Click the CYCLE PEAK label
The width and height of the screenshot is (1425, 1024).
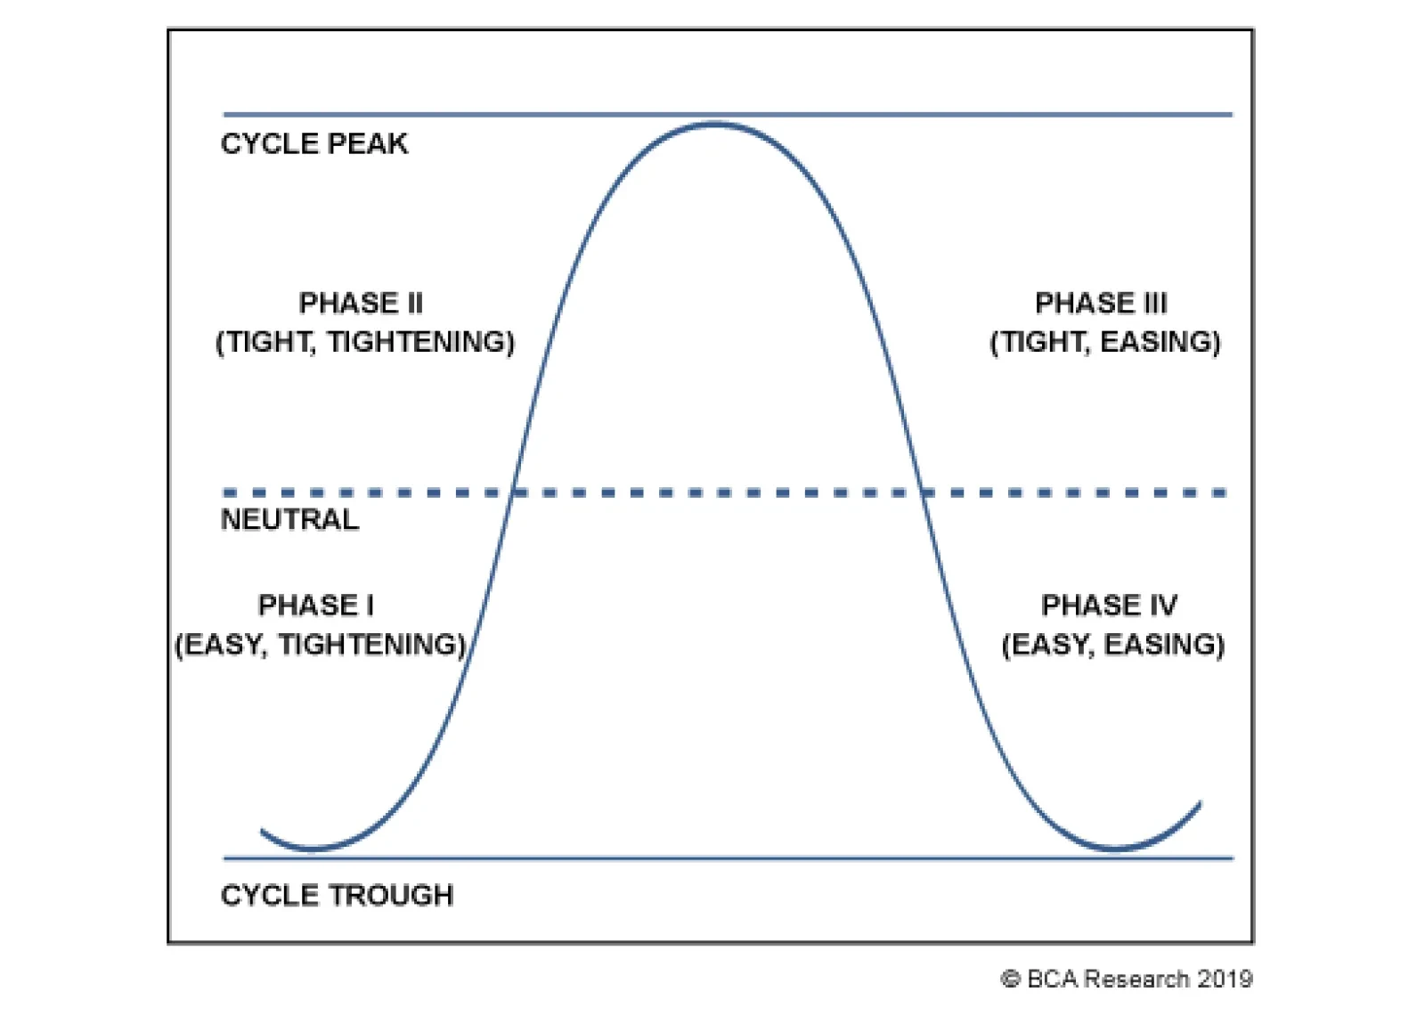[x=313, y=143]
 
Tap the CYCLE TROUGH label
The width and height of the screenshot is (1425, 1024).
[x=338, y=896]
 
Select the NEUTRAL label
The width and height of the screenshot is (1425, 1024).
[x=289, y=520]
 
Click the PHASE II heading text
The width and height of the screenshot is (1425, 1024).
[x=362, y=303]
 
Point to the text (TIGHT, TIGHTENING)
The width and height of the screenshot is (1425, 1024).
[x=365, y=342]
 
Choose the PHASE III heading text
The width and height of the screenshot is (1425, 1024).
[x=1101, y=303]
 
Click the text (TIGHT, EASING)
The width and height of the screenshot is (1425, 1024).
[x=1105, y=342]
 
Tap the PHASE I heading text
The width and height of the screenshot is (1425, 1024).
[x=316, y=605]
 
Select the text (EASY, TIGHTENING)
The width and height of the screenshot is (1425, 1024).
[x=321, y=645]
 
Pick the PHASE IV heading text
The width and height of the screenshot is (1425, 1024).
[x=1110, y=605]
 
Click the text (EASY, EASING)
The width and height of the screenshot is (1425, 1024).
[x=1113, y=645]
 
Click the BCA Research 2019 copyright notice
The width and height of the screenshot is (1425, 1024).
[x=1127, y=979]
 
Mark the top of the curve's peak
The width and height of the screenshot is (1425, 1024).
[x=713, y=124]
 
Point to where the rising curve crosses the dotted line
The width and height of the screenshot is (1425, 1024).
[x=512, y=492]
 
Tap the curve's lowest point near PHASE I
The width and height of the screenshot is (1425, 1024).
[x=313, y=849]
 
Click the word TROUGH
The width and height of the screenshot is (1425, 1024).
[x=391, y=896]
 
